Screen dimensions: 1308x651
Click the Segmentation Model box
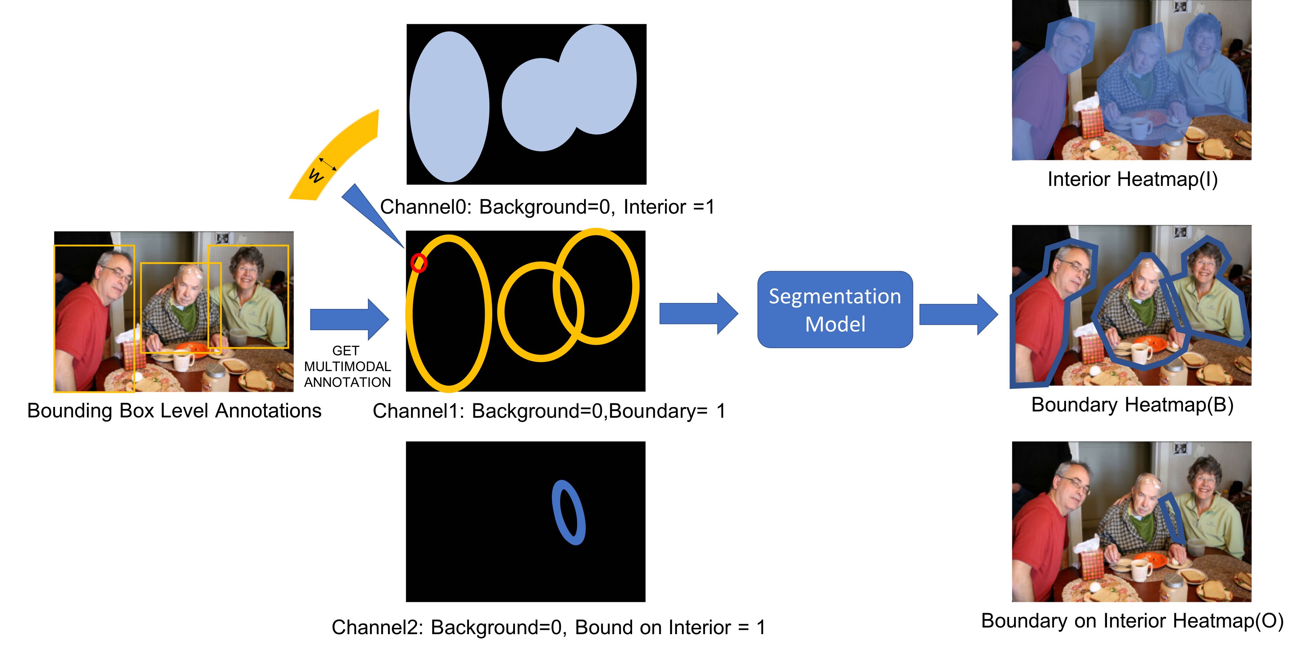point(835,309)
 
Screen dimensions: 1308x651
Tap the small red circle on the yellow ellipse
point(419,262)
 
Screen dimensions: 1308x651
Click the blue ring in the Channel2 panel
point(569,512)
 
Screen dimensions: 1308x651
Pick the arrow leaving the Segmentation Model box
point(959,314)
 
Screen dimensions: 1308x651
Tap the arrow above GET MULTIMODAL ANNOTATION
point(349,319)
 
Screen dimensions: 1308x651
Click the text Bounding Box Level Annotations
point(174,410)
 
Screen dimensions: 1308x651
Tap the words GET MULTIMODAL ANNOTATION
point(347,366)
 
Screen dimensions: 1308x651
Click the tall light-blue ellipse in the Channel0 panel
point(449,107)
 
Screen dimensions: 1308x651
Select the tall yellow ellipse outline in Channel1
point(449,313)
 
